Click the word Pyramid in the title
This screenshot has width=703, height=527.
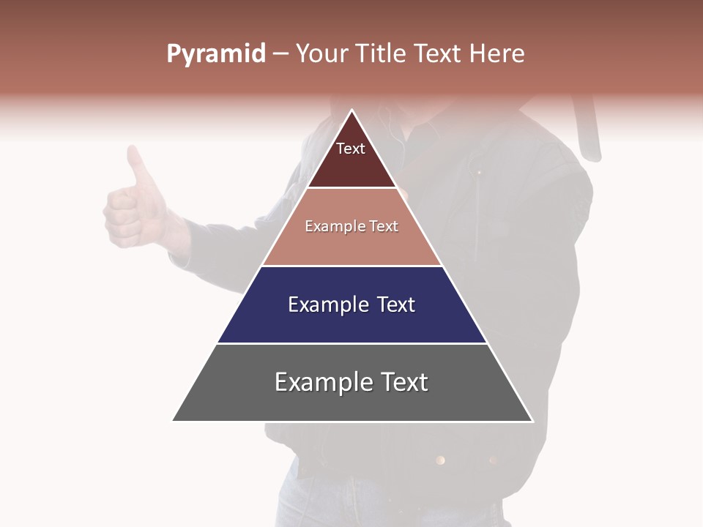coord(216,54)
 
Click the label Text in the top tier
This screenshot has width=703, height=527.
coord(351,149)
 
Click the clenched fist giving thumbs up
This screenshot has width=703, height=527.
coord(128,216)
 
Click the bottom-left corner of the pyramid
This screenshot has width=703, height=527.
coord(173,421)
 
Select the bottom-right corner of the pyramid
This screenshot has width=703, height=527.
coord(532,421)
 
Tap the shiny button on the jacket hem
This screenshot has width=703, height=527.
coord(440,460)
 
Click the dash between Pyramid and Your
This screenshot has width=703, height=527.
coord(280,54)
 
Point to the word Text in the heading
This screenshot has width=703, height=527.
coord(437,54)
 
